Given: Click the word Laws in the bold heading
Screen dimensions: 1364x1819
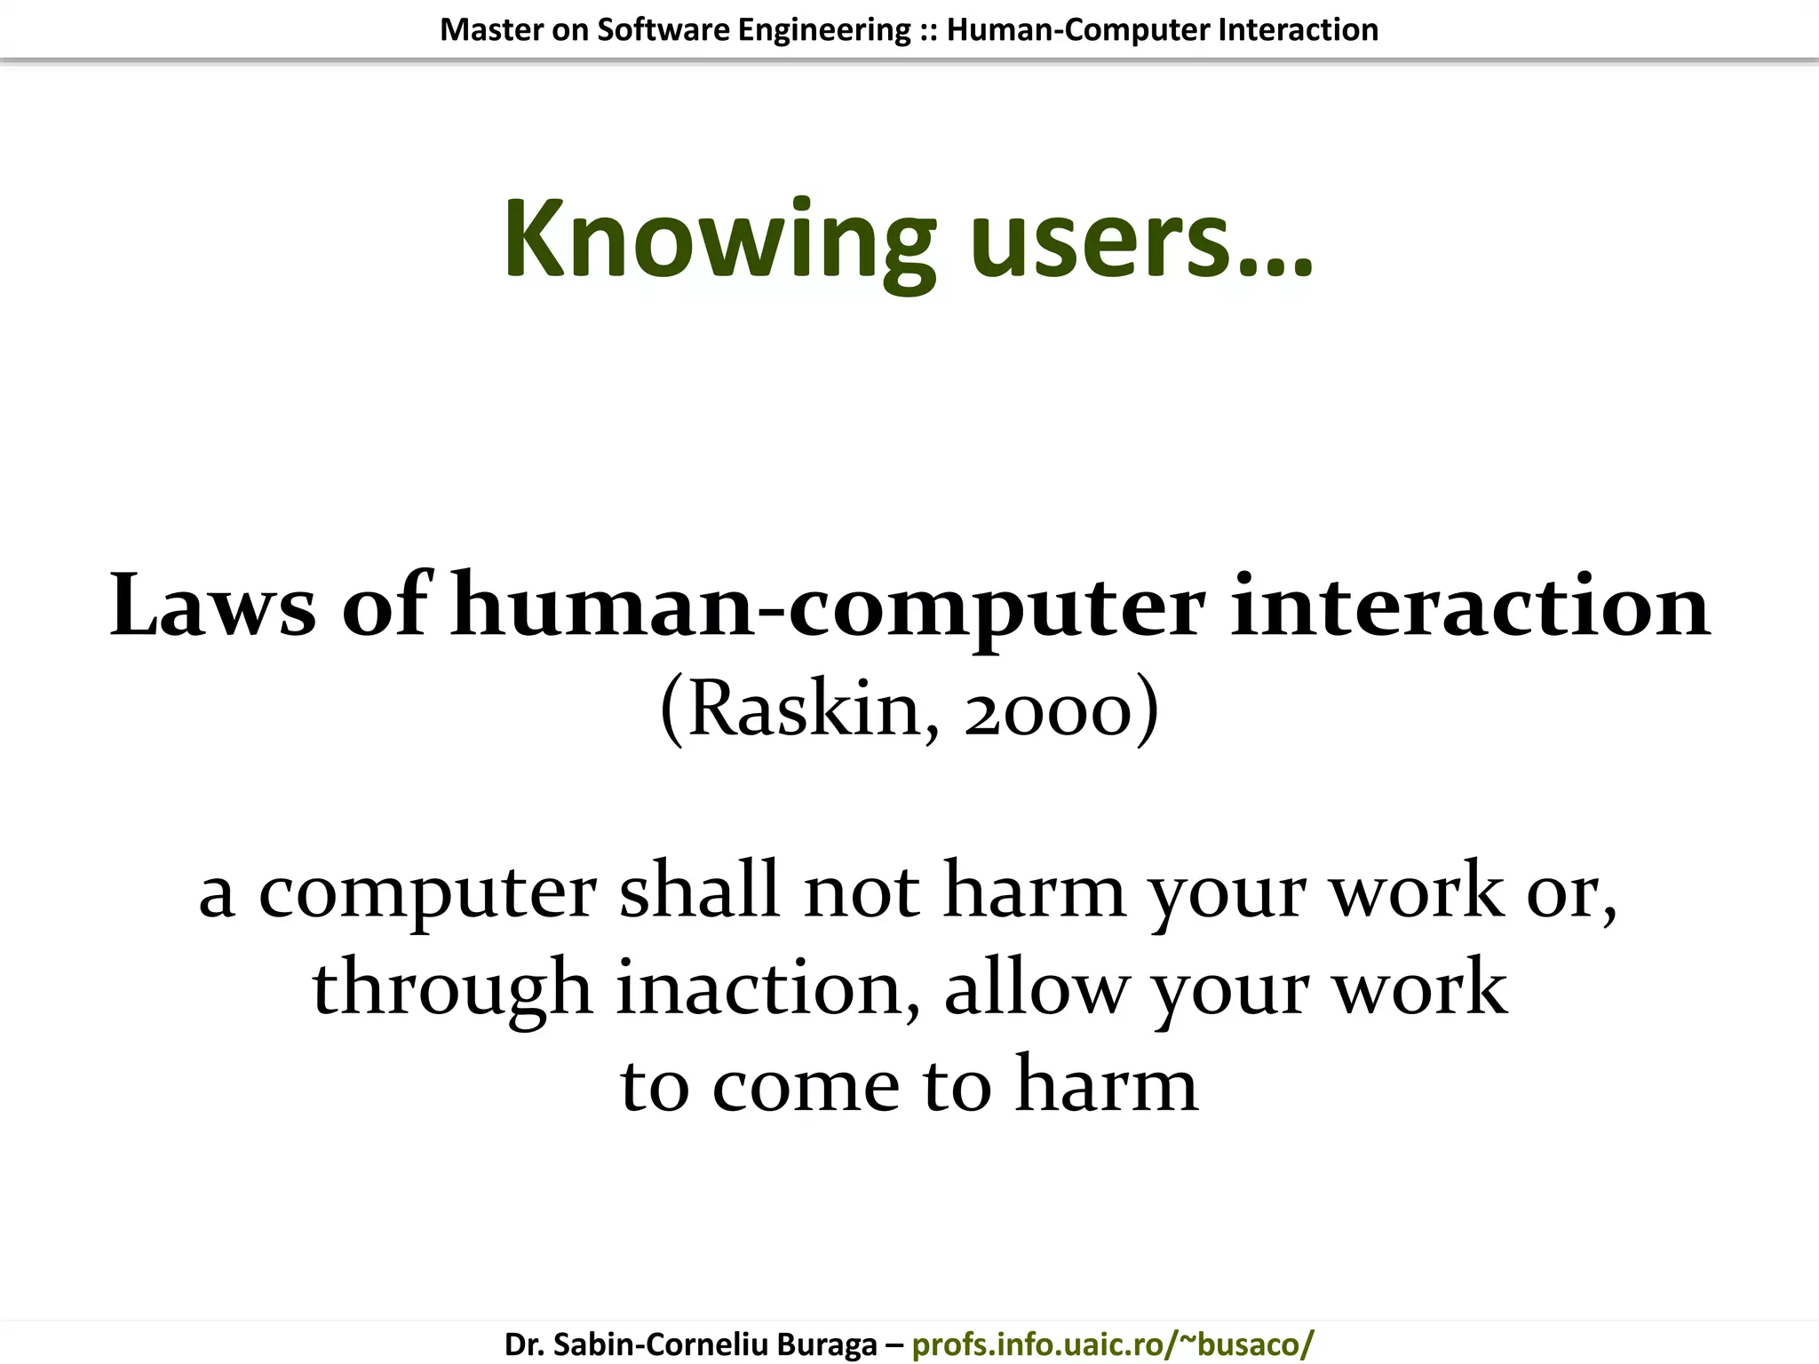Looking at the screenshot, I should tap(212, 607).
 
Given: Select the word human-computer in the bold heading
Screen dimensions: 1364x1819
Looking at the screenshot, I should tap(828, 608).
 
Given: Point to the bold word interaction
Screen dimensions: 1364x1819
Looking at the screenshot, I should tap(1470, 607).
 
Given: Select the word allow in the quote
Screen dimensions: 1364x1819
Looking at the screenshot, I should tap(1035, 987).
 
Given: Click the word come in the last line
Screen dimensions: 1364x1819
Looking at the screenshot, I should tap(806, 1085).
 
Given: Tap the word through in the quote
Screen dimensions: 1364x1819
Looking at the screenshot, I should tap(451, 989).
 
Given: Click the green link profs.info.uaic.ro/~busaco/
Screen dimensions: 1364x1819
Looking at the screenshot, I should tap(1112, 1344).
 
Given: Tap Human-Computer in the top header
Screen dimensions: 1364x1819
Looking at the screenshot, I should tap(1079, 30).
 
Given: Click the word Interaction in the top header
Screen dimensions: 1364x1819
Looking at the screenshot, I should tap(1299, 30).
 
